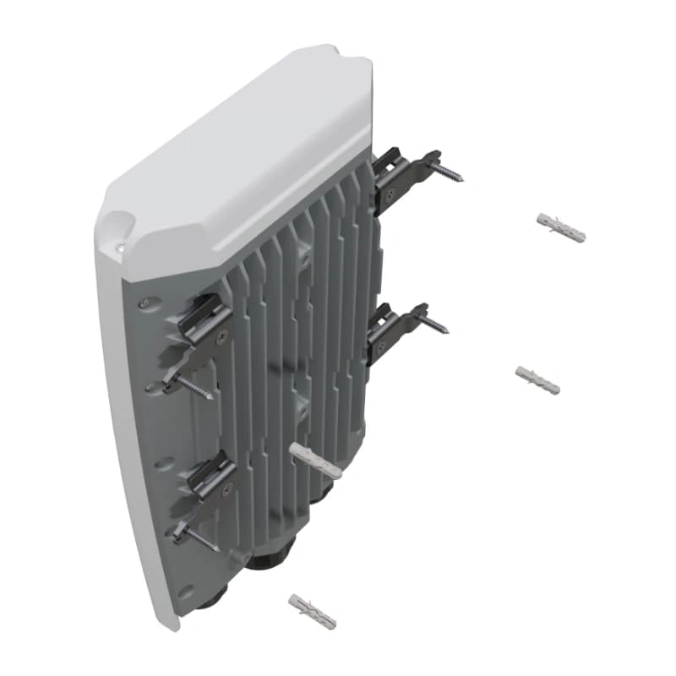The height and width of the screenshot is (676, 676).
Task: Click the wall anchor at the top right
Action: point(561,226)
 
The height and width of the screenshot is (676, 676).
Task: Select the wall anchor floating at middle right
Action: point(537,380)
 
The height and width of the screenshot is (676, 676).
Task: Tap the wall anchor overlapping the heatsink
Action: point(315,460)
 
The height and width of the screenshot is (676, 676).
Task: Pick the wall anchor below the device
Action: point(312,611)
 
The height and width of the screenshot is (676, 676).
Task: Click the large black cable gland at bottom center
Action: point(272,558)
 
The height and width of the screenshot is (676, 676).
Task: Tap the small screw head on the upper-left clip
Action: point(221,337)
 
